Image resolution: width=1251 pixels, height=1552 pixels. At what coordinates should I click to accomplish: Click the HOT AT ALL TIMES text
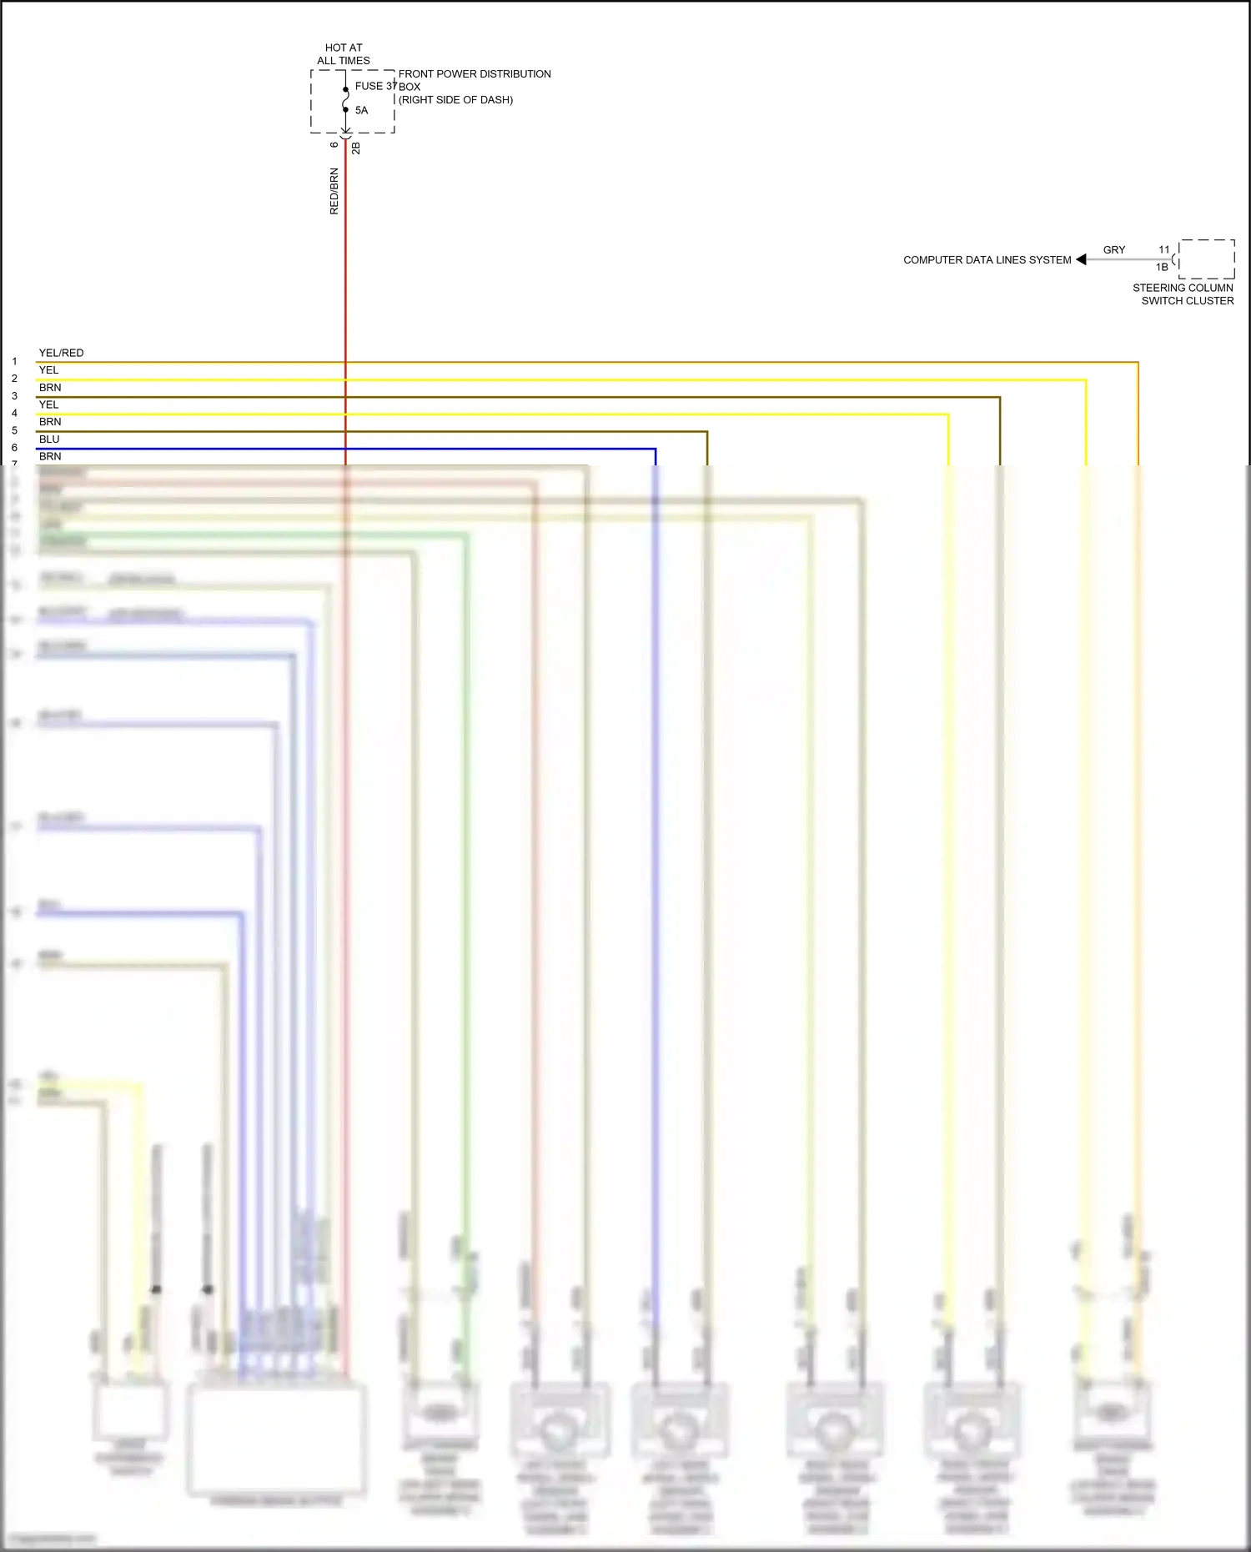tap(344, 54)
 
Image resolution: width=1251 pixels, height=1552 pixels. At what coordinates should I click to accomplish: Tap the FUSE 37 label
tap(374, 86)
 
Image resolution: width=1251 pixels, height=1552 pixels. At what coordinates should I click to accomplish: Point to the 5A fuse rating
tap(361, 110)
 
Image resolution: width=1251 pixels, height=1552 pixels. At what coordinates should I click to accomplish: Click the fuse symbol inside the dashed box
tap(345, 99)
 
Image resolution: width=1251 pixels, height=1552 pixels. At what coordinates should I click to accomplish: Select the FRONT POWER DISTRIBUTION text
tap(475, 74)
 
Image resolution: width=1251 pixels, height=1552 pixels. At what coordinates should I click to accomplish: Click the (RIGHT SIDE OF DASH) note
tap(455, 100)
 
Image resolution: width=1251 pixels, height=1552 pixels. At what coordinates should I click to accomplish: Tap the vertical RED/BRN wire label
tap(334, 191)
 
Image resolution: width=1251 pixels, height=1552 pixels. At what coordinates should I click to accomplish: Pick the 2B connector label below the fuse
tap(356, 148)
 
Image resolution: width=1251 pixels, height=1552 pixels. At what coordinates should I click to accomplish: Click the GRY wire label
tap(1114, 250)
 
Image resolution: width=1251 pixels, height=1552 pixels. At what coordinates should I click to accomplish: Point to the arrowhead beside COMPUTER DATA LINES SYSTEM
tap(1082, 259)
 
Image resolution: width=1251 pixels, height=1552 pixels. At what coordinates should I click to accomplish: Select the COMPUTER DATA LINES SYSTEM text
tap(987, 260)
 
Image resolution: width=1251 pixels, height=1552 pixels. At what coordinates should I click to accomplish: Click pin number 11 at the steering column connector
tap(1164, 250)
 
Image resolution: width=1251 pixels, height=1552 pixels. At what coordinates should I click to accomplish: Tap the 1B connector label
tap(1162, 268)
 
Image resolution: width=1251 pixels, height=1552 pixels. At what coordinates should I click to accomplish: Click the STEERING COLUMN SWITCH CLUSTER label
tap(1183, 294)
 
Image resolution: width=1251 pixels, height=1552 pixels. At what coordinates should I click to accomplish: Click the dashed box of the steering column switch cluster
tap(1207, 259)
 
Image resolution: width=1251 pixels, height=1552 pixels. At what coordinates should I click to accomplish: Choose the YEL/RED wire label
tap(61, 353)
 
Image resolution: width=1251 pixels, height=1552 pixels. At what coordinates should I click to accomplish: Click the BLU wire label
tap(49, 439)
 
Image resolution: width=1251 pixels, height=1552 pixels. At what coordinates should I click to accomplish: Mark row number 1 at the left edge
tap(14, 362)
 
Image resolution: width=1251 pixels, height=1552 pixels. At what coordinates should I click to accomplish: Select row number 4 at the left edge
tap(14, 414)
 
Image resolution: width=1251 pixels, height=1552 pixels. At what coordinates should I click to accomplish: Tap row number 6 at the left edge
tap(14, 448)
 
